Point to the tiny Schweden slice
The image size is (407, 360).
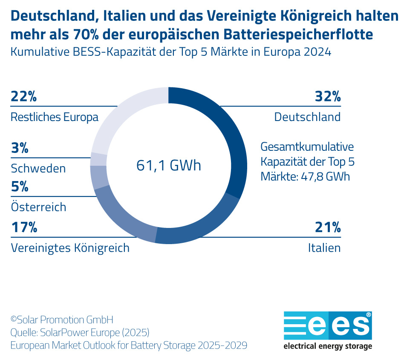[x=98, y=159]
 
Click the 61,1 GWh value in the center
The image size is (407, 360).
[x=168, y=165]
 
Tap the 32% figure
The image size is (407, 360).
[x=328, y=97]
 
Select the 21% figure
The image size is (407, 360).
[x=328, y=228]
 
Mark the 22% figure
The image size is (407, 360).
[x=24, y=97]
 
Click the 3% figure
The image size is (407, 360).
[x=20, y=148]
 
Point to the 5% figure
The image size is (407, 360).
[x=20, y=187]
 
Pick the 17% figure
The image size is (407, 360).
[x=24, y=228]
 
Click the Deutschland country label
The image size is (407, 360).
[x=307, y=117]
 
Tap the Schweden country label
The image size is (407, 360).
[x=38, y=168]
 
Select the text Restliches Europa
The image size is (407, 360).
[x=55, y=117]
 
